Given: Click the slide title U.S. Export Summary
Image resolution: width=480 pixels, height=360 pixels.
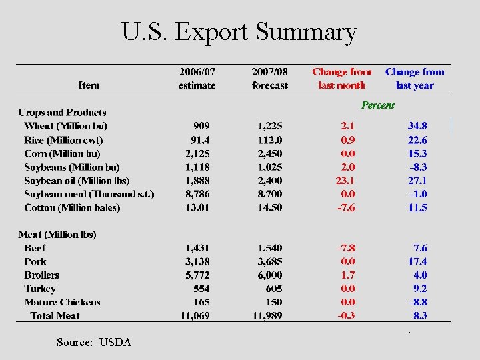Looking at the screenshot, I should [x=239, y=31].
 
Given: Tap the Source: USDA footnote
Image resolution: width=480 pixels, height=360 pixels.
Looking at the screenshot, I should [x=94, y=342].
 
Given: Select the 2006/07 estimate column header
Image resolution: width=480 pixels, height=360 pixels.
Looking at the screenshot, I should [x=197, y=78].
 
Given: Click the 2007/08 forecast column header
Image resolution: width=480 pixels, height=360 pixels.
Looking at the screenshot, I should [x=270, y=78].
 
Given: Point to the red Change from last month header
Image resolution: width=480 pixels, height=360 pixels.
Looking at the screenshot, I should [x=342, y=78].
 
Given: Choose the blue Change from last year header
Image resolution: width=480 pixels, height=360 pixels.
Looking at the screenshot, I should [x=415, y=78].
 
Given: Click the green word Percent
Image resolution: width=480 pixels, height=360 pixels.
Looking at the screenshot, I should [x=377, y=105].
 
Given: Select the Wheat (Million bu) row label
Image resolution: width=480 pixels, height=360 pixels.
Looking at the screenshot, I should [x=65, y=126].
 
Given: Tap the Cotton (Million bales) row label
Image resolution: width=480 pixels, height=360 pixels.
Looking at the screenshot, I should [x=72, y=207].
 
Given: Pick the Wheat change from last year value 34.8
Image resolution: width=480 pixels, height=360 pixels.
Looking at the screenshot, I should [x=417, y=126].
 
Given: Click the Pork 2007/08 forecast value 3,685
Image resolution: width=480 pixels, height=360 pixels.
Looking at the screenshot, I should [x=269, y=261].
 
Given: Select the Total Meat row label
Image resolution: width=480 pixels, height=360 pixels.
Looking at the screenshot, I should [x=55, y=315].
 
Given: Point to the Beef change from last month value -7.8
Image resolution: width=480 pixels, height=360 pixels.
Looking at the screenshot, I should [x=345, y=248].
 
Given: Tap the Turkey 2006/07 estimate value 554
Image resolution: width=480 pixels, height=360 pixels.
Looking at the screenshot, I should [x=201, y=289].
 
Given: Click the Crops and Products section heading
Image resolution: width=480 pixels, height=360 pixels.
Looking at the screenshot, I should [x=62, y=113].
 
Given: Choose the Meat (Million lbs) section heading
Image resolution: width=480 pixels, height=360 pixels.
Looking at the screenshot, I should [x=57, y=235].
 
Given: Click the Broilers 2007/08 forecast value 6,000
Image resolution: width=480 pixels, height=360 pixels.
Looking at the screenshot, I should [x=269, y=275].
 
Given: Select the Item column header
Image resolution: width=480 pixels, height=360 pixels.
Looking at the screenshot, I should [x=89, y=85].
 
